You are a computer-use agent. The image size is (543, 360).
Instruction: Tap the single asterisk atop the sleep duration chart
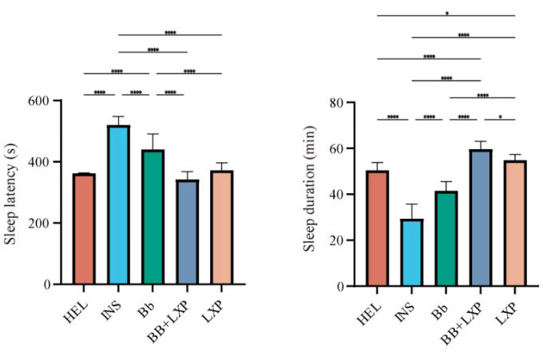pos(446,13)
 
